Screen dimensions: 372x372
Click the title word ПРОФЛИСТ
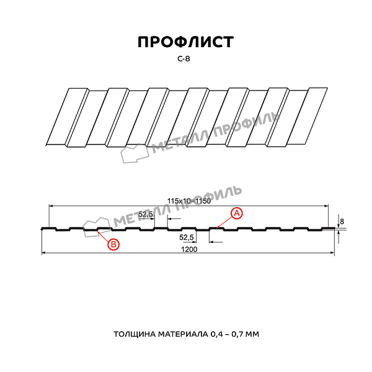click(186, 42)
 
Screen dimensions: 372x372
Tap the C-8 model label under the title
click(184, 59)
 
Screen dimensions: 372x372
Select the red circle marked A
click(237, 213)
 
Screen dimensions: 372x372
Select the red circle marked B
click(113, 244)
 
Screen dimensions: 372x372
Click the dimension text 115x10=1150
click(189, 201)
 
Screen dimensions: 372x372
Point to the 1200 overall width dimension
click(189, 249)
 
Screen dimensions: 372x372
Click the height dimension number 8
click(342, 221)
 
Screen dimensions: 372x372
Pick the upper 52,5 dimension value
click(146, 215)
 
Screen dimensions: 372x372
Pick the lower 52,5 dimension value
click(187, 237)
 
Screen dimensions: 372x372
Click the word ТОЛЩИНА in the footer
click(135, 334)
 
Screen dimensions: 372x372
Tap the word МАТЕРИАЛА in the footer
click(183, 334)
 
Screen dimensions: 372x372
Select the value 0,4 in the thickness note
click(216, 335)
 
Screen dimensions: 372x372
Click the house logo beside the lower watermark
click(97, 227)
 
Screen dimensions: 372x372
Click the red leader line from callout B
click(103, 236)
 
